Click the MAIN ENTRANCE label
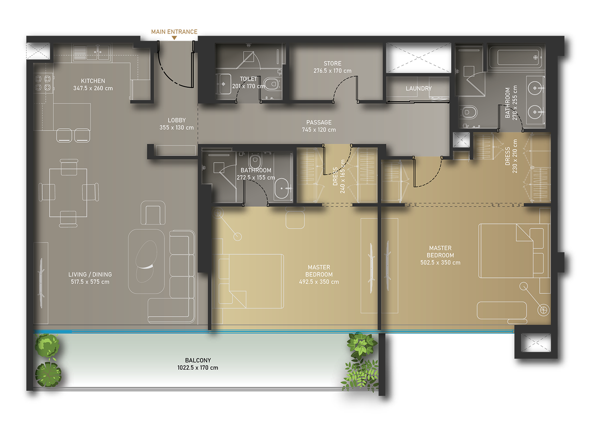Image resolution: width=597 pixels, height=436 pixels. pos(174,32)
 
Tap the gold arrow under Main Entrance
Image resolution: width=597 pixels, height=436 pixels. pos(174,38)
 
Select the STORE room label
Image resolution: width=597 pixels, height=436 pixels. pos(332,64)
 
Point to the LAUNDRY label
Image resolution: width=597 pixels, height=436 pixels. pos(418,88)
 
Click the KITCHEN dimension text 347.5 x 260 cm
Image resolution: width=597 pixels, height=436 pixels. pos(93,88)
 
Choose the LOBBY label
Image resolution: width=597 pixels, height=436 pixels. pos(177,120)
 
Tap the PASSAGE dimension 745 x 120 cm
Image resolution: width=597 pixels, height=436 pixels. pos(319,130)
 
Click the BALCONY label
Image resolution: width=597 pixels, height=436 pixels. pos(198,360)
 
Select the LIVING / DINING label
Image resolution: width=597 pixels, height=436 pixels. pos(90,274)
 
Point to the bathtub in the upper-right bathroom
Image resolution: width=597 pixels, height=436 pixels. pos(515,58)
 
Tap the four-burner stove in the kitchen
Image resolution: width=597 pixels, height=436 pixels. pos(43,83)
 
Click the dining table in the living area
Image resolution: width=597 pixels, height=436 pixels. pos(68,193)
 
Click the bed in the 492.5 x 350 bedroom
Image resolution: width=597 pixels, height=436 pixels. pos(251,281)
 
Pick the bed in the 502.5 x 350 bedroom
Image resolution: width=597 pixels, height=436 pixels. pos(514,251)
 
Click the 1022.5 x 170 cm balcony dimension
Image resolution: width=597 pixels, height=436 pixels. pos(198,368)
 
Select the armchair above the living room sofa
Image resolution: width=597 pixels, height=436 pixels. pos(153,213)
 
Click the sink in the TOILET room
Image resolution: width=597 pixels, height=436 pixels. pos(224,84)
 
